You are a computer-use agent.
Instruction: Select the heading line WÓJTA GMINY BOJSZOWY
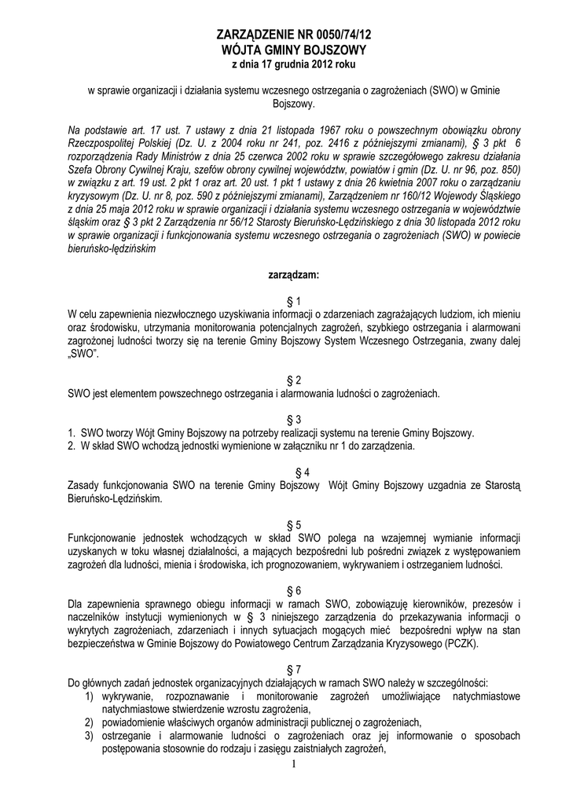tap(294, 50)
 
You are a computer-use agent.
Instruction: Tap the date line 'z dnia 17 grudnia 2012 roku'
tap(294, 63)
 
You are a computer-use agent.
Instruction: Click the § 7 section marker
tap(294, 668)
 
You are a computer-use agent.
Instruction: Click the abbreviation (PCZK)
tap(467, 642)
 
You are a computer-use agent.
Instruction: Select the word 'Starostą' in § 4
tap(492, 486)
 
